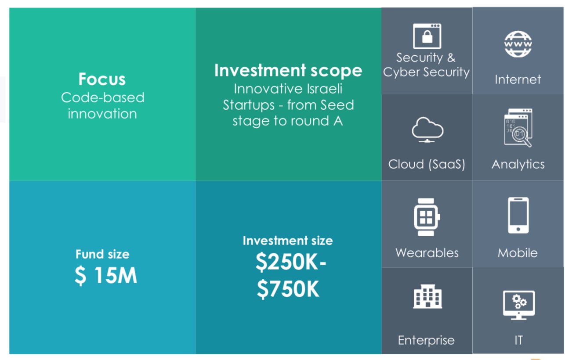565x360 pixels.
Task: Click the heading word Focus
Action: point(102,79)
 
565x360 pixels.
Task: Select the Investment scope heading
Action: point(288,70)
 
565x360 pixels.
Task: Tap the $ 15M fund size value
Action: point(106,276)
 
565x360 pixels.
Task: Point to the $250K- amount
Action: point(291,263)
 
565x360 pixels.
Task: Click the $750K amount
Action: point(288,289)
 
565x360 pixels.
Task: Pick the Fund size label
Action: point(102,254)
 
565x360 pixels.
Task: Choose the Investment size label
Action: point(288,241)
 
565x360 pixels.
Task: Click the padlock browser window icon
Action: point(427,36)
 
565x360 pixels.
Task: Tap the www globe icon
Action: point(518,44)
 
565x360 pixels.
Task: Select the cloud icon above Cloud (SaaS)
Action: point(427,130)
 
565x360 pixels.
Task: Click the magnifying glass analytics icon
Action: point(518,128)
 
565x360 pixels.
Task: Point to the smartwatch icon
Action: point(427,217)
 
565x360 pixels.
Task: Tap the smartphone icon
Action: point(518,216)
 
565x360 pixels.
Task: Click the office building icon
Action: point(427,296)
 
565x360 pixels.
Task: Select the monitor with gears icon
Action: point(518,305)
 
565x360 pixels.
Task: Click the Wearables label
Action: point(427,253)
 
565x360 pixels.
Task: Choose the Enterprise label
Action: point(426,341)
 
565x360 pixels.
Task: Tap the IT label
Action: point(518,340)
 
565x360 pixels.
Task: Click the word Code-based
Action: point(103,97)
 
